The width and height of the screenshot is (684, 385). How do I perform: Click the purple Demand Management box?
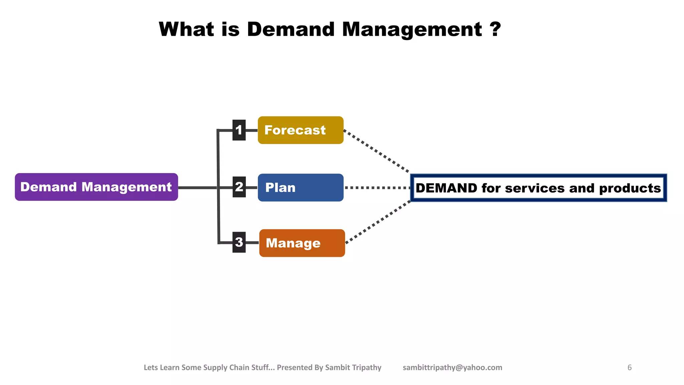coord(96,187)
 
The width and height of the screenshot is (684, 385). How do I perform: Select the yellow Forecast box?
coord(301,130)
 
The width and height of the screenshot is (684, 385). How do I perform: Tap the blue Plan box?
coord(301,187)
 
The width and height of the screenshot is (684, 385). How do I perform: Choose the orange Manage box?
coord(302,243)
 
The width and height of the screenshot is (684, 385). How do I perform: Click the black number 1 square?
coord(239,130)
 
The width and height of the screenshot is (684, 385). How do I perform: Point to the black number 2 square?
coord(239,187)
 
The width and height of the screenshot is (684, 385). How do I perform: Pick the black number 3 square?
coord(239,242)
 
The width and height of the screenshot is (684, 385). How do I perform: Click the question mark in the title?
coord(496,29)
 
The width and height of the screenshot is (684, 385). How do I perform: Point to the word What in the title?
coord(186,29)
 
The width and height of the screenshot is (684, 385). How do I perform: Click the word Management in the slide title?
coord(412,29)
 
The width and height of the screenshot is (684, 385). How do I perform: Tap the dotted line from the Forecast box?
coord(376,151)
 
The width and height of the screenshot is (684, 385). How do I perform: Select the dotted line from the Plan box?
coord(377,188)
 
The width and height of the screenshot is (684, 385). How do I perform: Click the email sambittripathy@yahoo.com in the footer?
coord(452,368)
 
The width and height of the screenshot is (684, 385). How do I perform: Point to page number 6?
coord(630,368)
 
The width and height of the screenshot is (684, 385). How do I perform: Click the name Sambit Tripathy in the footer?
coord(353,368)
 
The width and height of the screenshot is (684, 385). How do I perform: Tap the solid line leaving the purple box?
coord(197,188)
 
